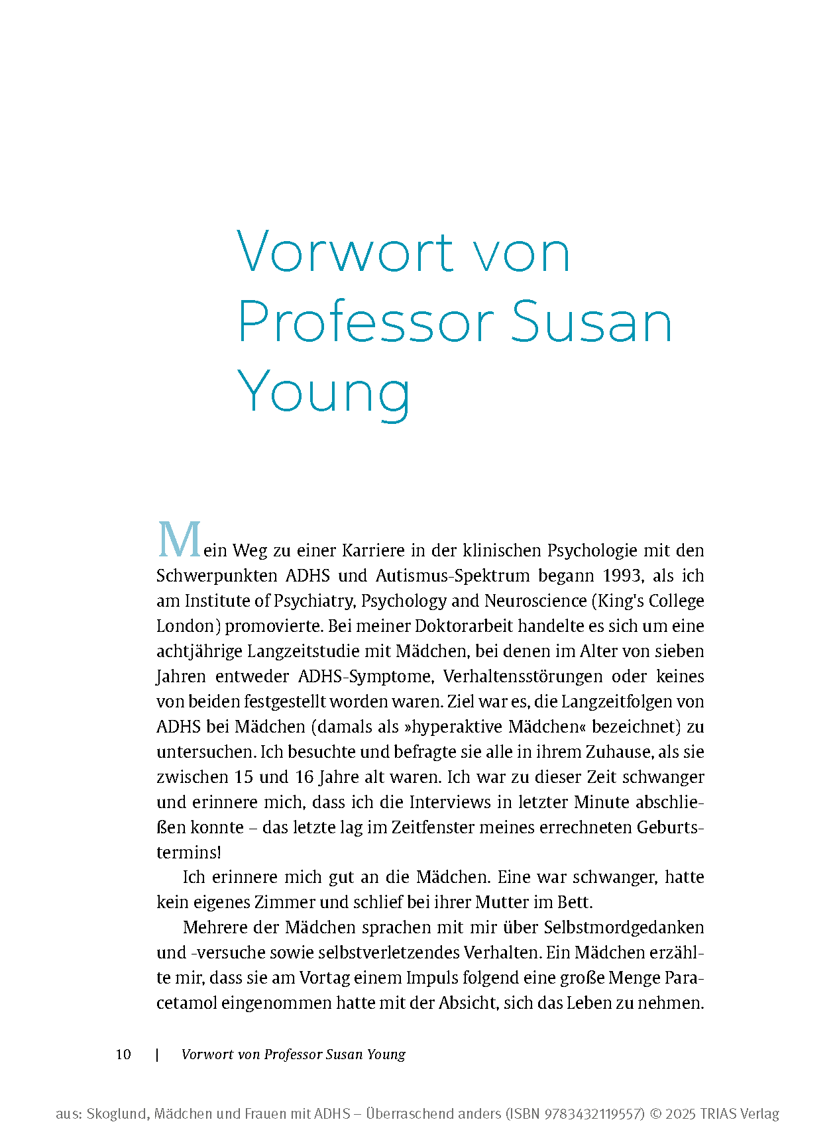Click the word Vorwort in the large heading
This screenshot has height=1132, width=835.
coord(345,252)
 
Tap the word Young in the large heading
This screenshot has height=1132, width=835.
coord(323,393)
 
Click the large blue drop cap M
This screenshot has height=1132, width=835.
coord(179,540)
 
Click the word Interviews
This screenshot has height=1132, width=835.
coord(450,802)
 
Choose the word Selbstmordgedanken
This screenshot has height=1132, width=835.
coord(624,927)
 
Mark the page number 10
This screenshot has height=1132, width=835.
coord(123,1055)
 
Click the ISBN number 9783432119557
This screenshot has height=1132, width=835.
coord(594,1114)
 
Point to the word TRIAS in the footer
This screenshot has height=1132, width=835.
coord(715,1114)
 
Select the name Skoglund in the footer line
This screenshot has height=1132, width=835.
coord(117,1114)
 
